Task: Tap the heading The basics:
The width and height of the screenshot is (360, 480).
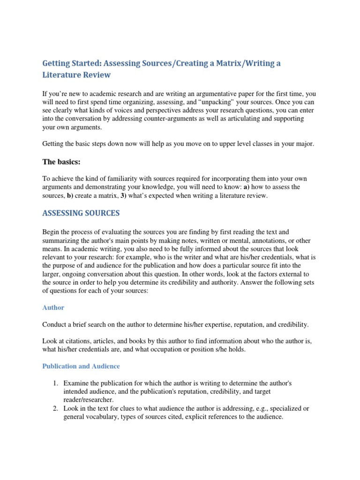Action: click(61, 162)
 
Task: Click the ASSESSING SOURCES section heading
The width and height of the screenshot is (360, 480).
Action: click(81, 213)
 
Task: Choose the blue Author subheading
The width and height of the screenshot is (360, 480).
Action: click(53, 307)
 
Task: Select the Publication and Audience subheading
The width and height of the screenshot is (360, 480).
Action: click(81, 366)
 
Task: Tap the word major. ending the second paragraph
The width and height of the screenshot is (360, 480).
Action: click(304, 144)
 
